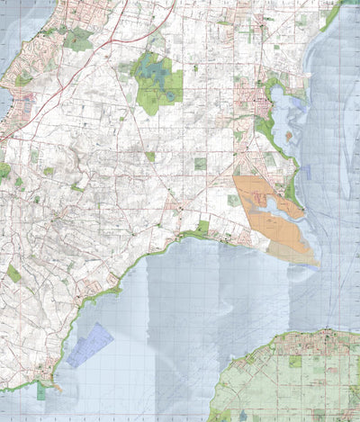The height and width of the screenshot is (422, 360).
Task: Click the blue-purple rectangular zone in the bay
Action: (x=90, y=344)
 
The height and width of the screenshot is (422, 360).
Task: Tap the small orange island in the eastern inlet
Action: (x=289, y=136)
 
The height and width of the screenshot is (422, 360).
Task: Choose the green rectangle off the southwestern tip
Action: (x=41, y=391)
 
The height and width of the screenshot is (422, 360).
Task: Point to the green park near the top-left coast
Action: (x=79, y=39)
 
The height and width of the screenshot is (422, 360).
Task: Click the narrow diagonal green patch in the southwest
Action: (x=13, y=272)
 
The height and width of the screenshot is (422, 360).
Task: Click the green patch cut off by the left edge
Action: (x=4, y=169)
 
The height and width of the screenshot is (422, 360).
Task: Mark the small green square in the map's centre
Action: (x=200, y=165)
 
